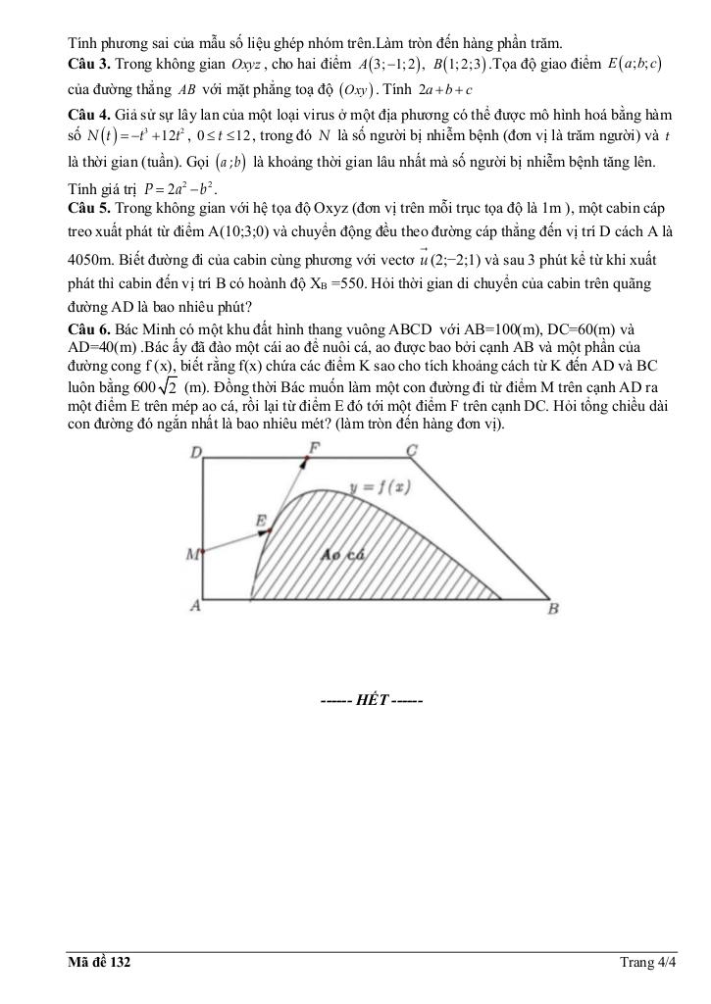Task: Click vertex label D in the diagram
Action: (196, 453)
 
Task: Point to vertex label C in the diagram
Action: (412, 450)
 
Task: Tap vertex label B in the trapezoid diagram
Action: (553, 608)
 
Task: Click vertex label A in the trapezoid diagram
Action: (195, 606)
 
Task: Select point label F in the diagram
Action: (314, 448)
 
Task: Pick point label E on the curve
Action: (261, 520)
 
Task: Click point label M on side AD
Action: (192, 555)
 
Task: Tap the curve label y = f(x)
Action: (380, 487)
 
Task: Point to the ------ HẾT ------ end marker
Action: (371, 702)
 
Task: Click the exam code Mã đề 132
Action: (98, 963)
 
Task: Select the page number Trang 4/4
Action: (648, 963)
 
